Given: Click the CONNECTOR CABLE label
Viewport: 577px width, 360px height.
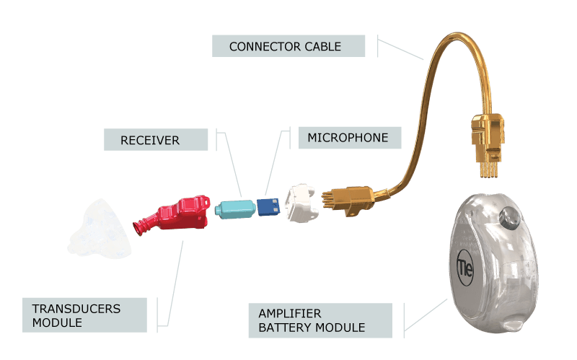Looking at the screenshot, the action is [x=288, y=46].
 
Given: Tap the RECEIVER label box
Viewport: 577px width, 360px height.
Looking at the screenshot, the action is [x=156, y=139].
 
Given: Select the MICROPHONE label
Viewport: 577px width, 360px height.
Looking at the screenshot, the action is [x=350, y=138].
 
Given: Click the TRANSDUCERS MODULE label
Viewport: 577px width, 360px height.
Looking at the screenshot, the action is [x=84, y=315].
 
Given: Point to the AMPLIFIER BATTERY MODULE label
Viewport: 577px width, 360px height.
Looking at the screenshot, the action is [x=320, y=320].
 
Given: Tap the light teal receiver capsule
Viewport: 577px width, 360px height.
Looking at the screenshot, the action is [x=236, y=209].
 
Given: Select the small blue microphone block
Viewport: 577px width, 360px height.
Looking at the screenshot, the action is [x=268, y=207].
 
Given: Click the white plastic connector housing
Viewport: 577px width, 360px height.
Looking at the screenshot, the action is [x=302, y=203].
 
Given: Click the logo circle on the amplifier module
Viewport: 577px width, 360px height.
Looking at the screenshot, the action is [x=464, y=268].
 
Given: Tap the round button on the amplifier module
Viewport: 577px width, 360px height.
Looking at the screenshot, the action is [x=510, y=217].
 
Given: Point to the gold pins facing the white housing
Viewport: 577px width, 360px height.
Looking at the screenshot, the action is [x=327, y=201].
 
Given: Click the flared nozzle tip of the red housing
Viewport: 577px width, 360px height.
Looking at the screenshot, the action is [x=138, y=227].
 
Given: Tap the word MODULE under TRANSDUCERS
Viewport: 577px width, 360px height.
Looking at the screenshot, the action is [x=57, y=322].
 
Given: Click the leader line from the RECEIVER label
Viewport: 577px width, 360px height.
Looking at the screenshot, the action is [x=232, y=164].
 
